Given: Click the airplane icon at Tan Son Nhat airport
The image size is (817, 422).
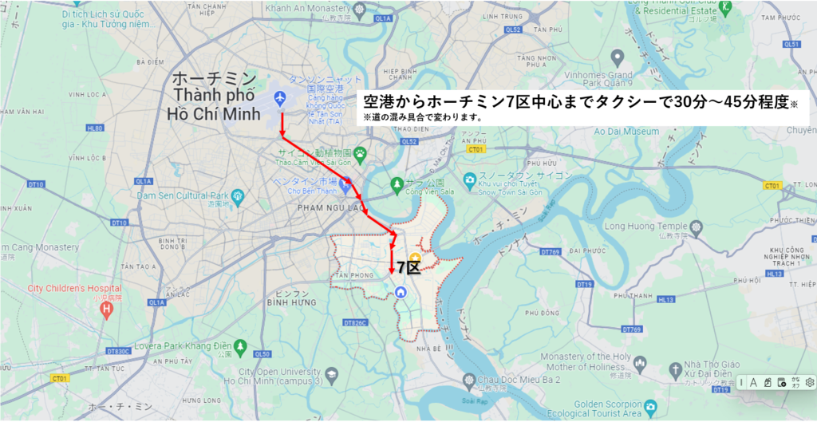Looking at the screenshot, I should tap(279, 98).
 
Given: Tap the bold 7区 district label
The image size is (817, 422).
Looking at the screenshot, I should tap(408, 267).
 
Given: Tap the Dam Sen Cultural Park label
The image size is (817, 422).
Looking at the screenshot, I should tap(182, 195).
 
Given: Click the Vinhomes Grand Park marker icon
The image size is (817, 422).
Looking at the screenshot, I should tap(617, 57).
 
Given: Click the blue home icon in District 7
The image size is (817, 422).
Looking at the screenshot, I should tap(401, 292).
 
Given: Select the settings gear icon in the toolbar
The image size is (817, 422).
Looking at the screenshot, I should tap(809, 382).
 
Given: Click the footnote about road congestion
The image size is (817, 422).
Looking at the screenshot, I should tap(422, 117).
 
